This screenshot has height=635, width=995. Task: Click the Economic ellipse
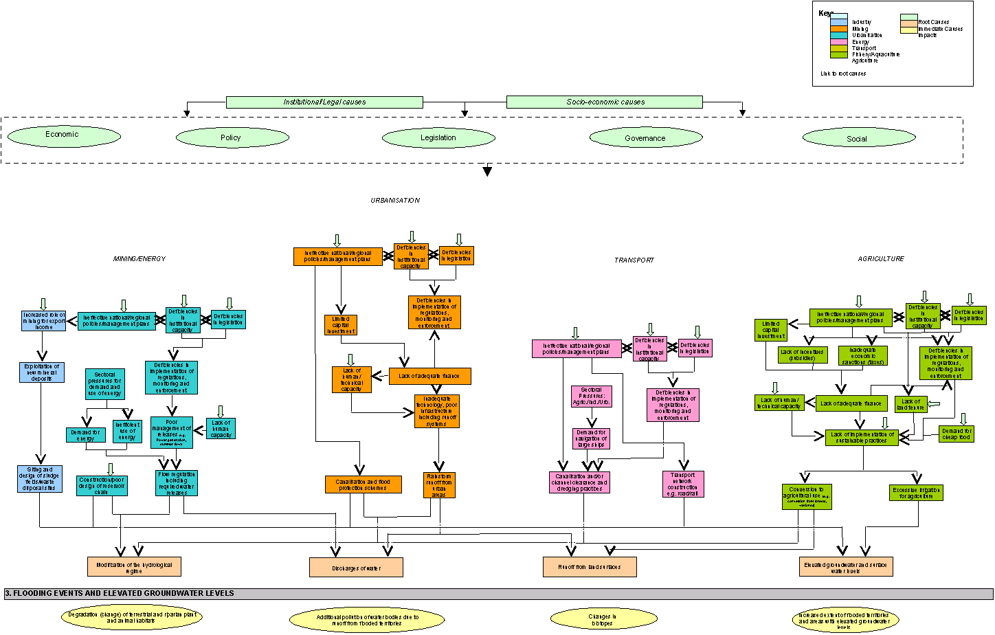pyautogui.click(x=64, y=135)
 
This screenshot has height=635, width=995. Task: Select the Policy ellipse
pyautogui.click(x=232, y=137)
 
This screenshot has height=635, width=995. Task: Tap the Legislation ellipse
pyautogui.click(x=438, y=138)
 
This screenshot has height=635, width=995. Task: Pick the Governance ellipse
pyautogui.click(x=645, y=138)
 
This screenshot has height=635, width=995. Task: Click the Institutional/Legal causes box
pyautogui.click(x=324, y=102)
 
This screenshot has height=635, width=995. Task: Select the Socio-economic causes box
pyautogui.click(x=605, y=102)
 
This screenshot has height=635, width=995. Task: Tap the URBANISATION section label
pyautogui.click(x=395, y=201)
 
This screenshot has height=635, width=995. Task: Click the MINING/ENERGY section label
pyautogui.click(x=139, y=259)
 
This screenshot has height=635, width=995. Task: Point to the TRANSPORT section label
pyautogui.click(x=634, y=260)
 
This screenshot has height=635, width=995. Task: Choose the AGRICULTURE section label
pyautogui.click(x=881, y=259)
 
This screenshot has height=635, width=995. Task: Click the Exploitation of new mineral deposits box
pyautogui.click(x=42, y=372)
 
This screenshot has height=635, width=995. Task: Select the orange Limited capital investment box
pyautogui.click(x=340, y=324)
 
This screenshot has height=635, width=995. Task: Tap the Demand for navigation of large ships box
pyautogui.click(x=591, y=438)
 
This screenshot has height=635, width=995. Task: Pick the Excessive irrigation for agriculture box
pyautogui.click(x=917, y=493)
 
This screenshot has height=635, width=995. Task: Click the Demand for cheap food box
pyautogui.click(x=957, y=434)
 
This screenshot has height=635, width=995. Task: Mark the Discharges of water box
pyautogui.click(x=356, y=568)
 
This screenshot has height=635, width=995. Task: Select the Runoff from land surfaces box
pyautogui.click(x=590, y=567)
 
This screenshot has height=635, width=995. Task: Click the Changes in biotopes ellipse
pyautogui.click(x=602, y=620)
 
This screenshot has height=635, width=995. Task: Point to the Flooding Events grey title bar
pyautogui.click(x=498, y=594)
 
